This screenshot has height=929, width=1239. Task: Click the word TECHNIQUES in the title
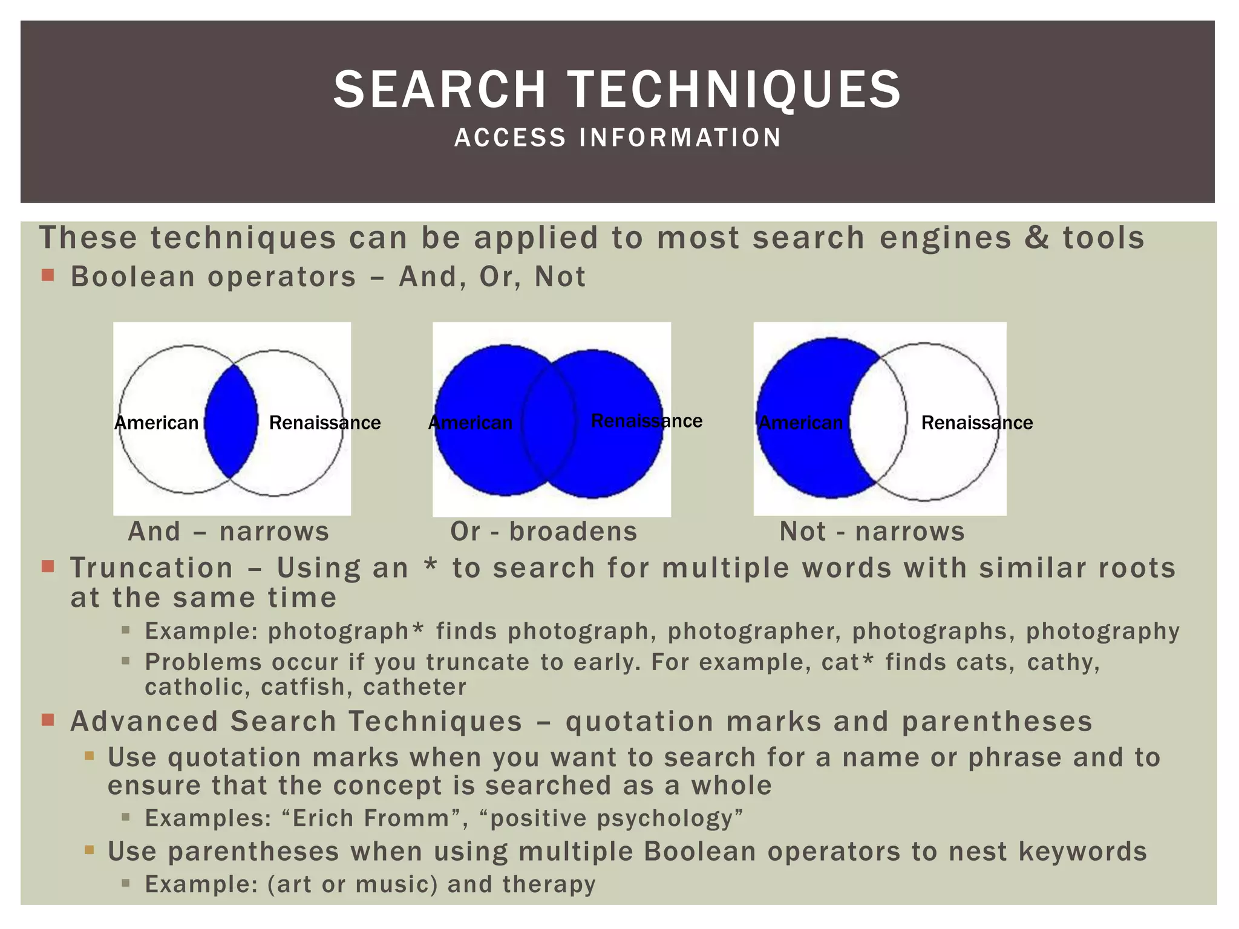(734, 90)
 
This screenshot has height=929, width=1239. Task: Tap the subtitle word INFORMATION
(680, 138)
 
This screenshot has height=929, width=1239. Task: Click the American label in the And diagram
(157, 423)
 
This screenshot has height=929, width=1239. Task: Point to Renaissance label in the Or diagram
(646, 421)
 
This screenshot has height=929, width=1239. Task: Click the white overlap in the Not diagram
(878, 420)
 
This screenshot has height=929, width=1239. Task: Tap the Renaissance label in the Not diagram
(976, 423)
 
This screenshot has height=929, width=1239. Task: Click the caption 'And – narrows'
(229, 532)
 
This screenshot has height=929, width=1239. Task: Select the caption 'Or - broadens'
(543, 532)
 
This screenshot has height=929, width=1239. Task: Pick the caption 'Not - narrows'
(872, 532)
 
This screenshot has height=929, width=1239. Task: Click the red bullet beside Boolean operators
(48, 276)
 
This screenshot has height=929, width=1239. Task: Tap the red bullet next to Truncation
(48, 567)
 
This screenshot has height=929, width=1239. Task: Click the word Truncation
(152, 568)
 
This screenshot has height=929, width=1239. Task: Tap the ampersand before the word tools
(1036, 238)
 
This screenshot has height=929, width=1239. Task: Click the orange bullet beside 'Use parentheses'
(90, 850)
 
